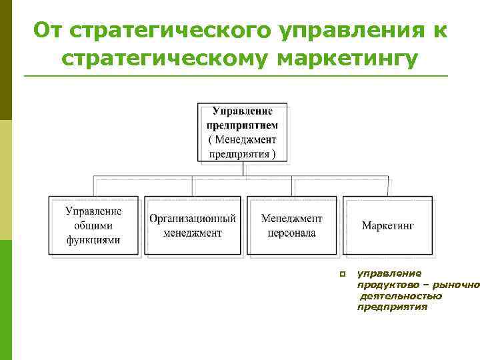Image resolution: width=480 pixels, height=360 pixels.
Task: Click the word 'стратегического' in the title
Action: pyautogui.click(x=169, y=30)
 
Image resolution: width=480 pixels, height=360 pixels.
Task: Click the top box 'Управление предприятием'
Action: pyautogui.click(x=242, y=132)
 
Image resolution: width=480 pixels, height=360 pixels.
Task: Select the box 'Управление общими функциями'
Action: pyautogui.click(x=93, y=225)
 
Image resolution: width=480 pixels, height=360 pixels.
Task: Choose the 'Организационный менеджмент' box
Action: pyautogui.click(x=193, y=225)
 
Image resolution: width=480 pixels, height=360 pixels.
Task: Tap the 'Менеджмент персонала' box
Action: pyautogui.click(x=291, y=225)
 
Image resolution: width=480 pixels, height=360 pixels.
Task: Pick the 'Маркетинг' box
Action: pyautogui.click(x=388, y=225)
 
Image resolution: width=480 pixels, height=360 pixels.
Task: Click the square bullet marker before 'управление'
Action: pyautogui.click(x=341, y=274)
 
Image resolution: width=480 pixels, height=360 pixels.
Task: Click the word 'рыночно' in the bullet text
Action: pyautogui.click(x=461, y=285)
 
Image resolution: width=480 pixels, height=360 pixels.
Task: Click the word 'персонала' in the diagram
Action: pyautogui.click(x=291, y=233)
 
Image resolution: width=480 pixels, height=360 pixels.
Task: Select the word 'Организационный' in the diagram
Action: pyautogui.click(x=193, y=218)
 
